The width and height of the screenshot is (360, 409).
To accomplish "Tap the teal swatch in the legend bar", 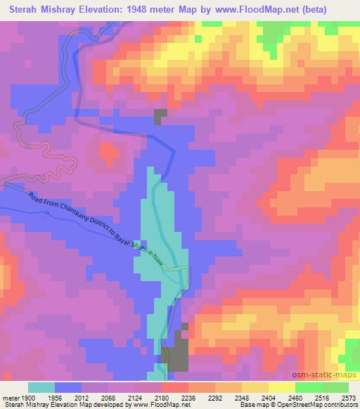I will click(41, 387).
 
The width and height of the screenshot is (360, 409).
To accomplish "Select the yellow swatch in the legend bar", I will click(282, 387).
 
